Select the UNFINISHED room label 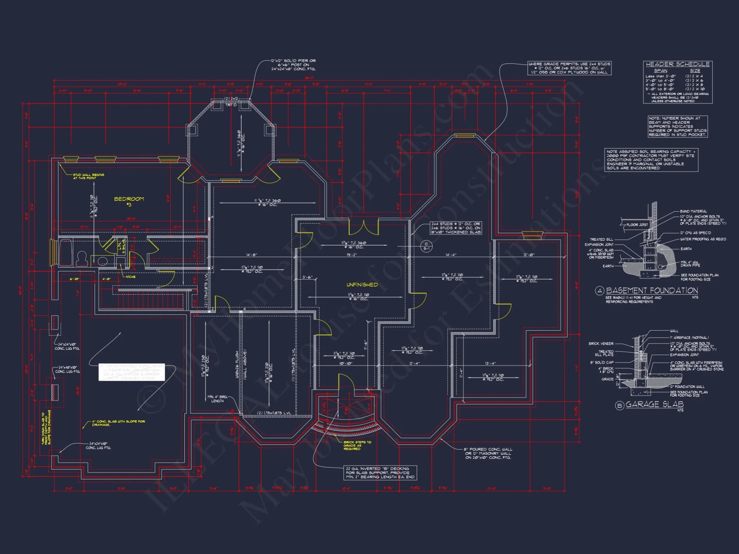coord(362,285)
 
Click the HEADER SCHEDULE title coord(678,64)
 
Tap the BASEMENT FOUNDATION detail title coord(652,291)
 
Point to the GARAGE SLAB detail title coord(654,404)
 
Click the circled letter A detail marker coord(599,291)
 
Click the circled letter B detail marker coord(620,406)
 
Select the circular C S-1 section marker coord(426,246)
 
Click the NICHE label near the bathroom coord(130,277)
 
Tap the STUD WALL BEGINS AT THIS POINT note coord(88,177)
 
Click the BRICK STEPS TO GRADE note coord(357,445)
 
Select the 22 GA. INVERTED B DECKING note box coord(380,473)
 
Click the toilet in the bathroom coord(82,259)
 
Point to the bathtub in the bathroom coord(66,252)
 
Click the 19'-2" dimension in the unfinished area coord(352,255)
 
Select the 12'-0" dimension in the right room coord(529,255)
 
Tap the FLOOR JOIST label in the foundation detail coord(637,225)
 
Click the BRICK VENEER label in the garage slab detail coord(601,344)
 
